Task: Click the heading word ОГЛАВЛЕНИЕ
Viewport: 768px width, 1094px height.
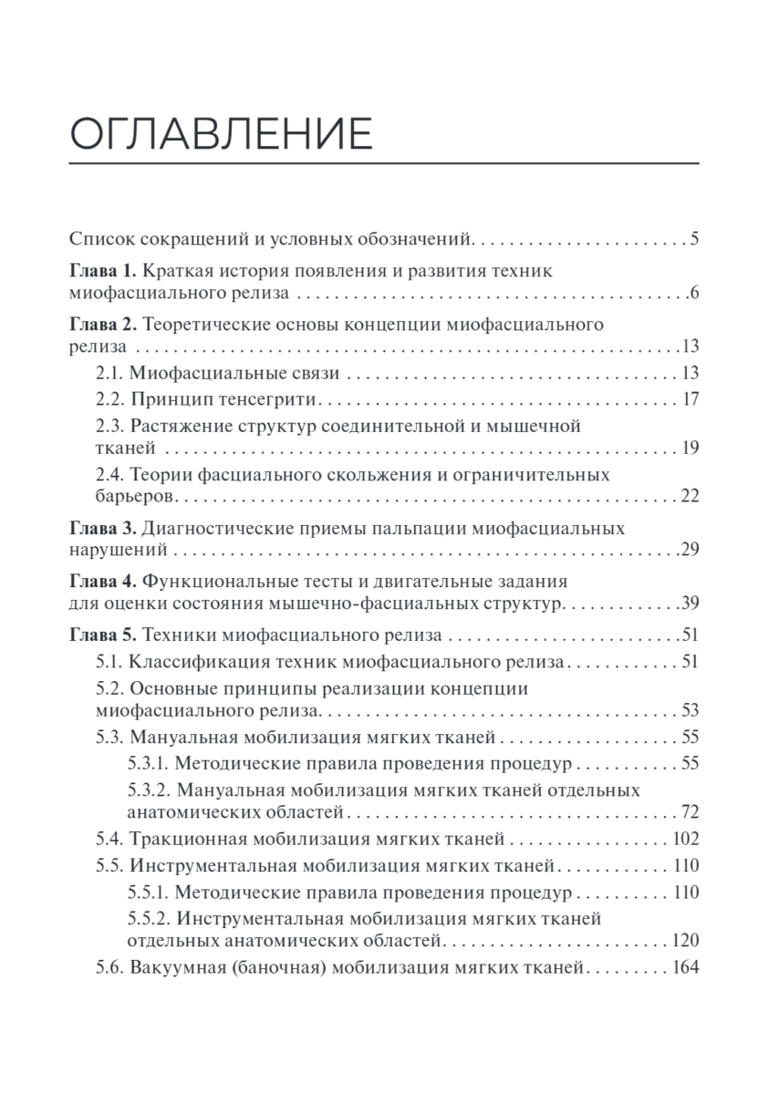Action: pyautogui.click(x=222, y=133)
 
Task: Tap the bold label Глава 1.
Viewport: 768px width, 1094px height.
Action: pyautogui.click(x=102, y=271)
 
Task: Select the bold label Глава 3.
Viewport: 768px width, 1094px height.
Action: pyautogui.click(x=102, y=528)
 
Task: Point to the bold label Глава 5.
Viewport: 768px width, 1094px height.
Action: pyautogui.click(x=102, y=635)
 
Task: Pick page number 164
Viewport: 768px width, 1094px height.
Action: pyautogui.click(x=684, y=970)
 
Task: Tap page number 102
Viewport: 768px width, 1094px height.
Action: pyautogui.click(x=684, y=839)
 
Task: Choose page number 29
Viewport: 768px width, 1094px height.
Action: pyautogui.click(x=689, y=551)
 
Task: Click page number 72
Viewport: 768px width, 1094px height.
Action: pyautogui.click(x=689, y=811)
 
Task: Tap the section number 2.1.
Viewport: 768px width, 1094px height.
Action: pyautogui.click(x=109, y=372)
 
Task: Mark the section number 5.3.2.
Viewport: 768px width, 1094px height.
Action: pyautogui.click(x=144, y=789)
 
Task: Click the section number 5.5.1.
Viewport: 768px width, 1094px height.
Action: pyautogui.click(x=144, y=892)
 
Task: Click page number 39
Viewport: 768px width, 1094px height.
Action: pyautogui.click(x=689, y=604)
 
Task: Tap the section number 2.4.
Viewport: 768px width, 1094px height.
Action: pyautogui.click(x=109, y=475)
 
